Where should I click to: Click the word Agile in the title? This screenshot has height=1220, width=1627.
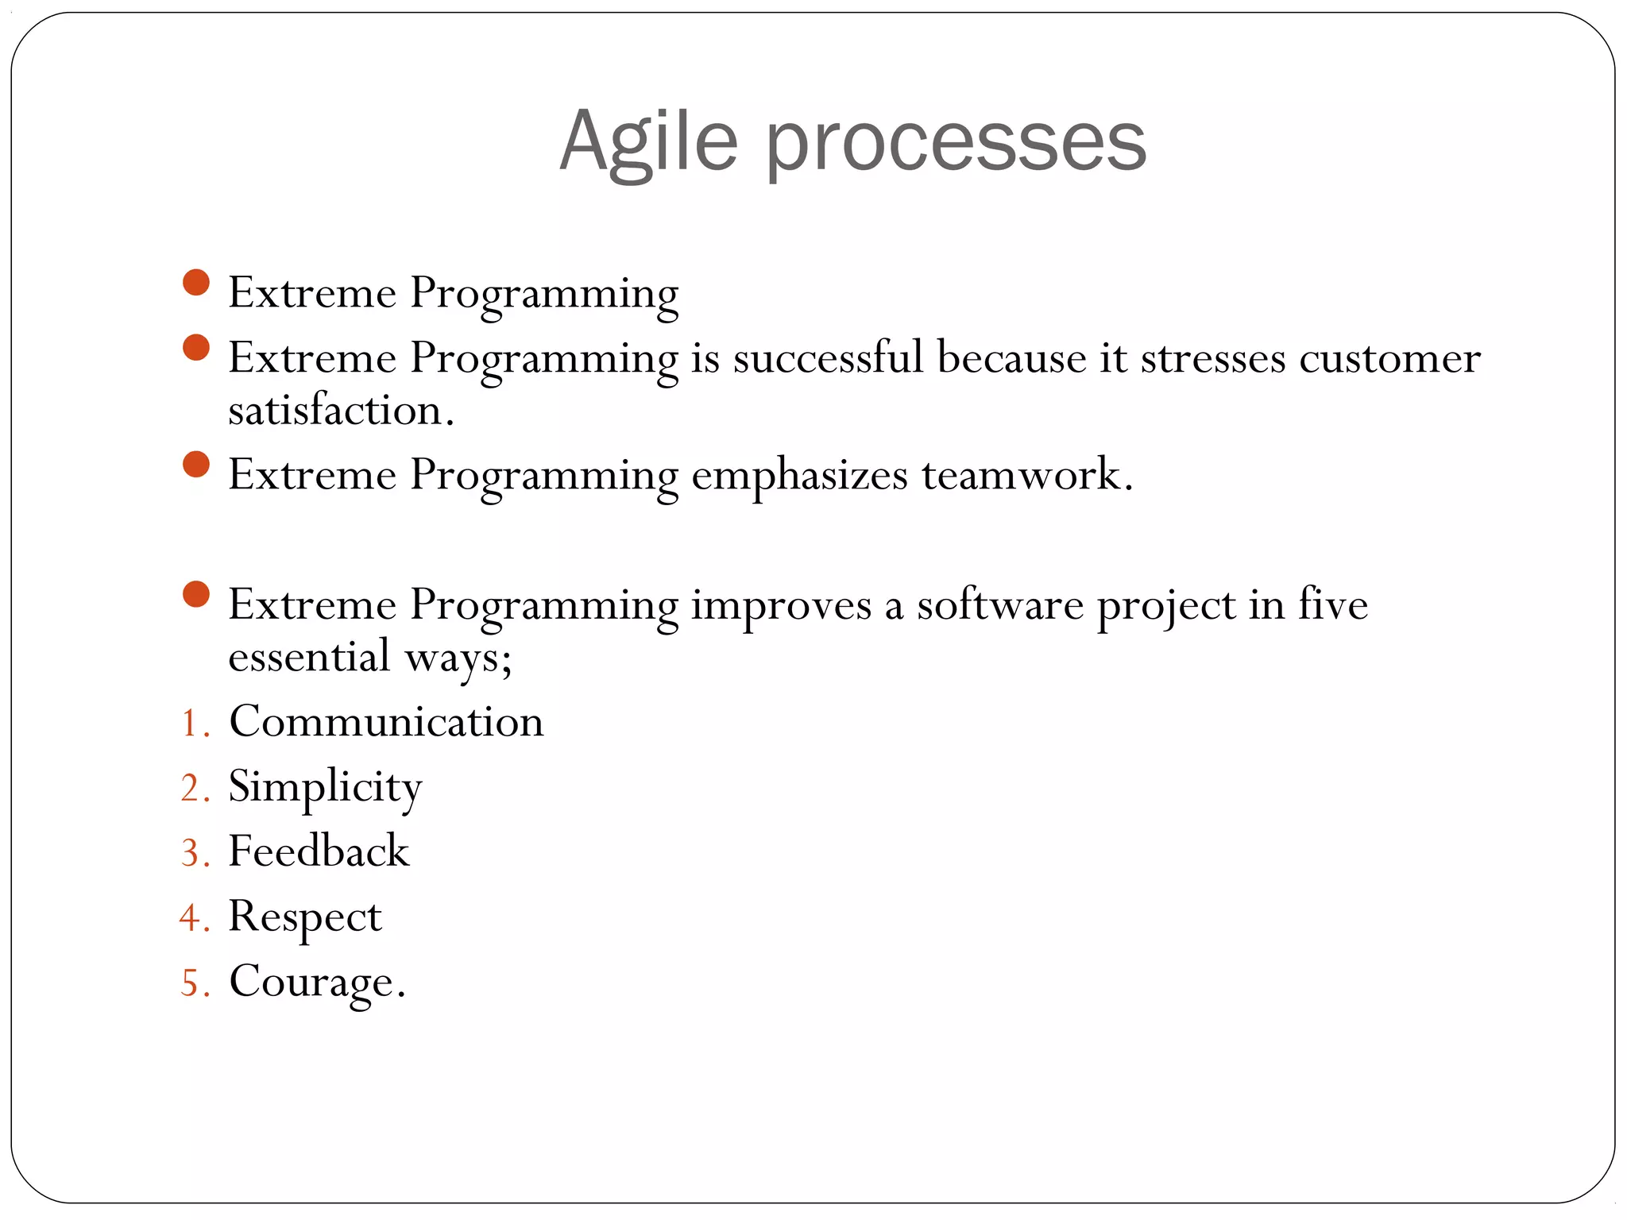coord(648,141)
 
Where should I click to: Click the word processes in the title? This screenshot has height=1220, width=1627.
coord(956,143)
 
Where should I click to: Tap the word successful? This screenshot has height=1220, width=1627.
coord(827,357)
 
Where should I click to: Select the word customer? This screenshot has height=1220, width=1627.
coord(1389,359)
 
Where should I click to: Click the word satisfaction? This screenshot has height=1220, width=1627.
coord(340,411)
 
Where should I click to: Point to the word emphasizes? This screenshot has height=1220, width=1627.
coord(799,476)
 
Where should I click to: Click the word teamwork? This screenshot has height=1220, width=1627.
coord(1026,475)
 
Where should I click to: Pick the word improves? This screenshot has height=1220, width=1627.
coord(781,605)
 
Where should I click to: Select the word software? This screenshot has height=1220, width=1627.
coord(999,605)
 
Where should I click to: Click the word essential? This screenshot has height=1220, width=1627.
coord(309,657)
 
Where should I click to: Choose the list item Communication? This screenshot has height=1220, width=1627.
coord(386,722)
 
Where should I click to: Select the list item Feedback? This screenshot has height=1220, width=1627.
coord(319,851)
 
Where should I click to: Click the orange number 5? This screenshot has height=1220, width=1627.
coord(190,983)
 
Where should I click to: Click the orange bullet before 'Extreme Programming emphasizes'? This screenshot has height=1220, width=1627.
coord(195,465)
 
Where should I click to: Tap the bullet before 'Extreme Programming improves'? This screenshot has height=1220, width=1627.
coord(195,594)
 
